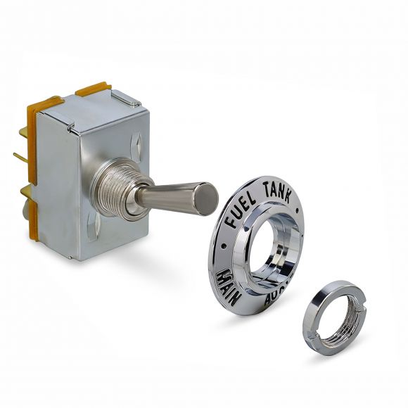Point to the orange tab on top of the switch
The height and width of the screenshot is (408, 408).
93,89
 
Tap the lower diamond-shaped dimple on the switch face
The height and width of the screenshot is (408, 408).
92,227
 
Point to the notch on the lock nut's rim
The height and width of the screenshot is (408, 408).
355,302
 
